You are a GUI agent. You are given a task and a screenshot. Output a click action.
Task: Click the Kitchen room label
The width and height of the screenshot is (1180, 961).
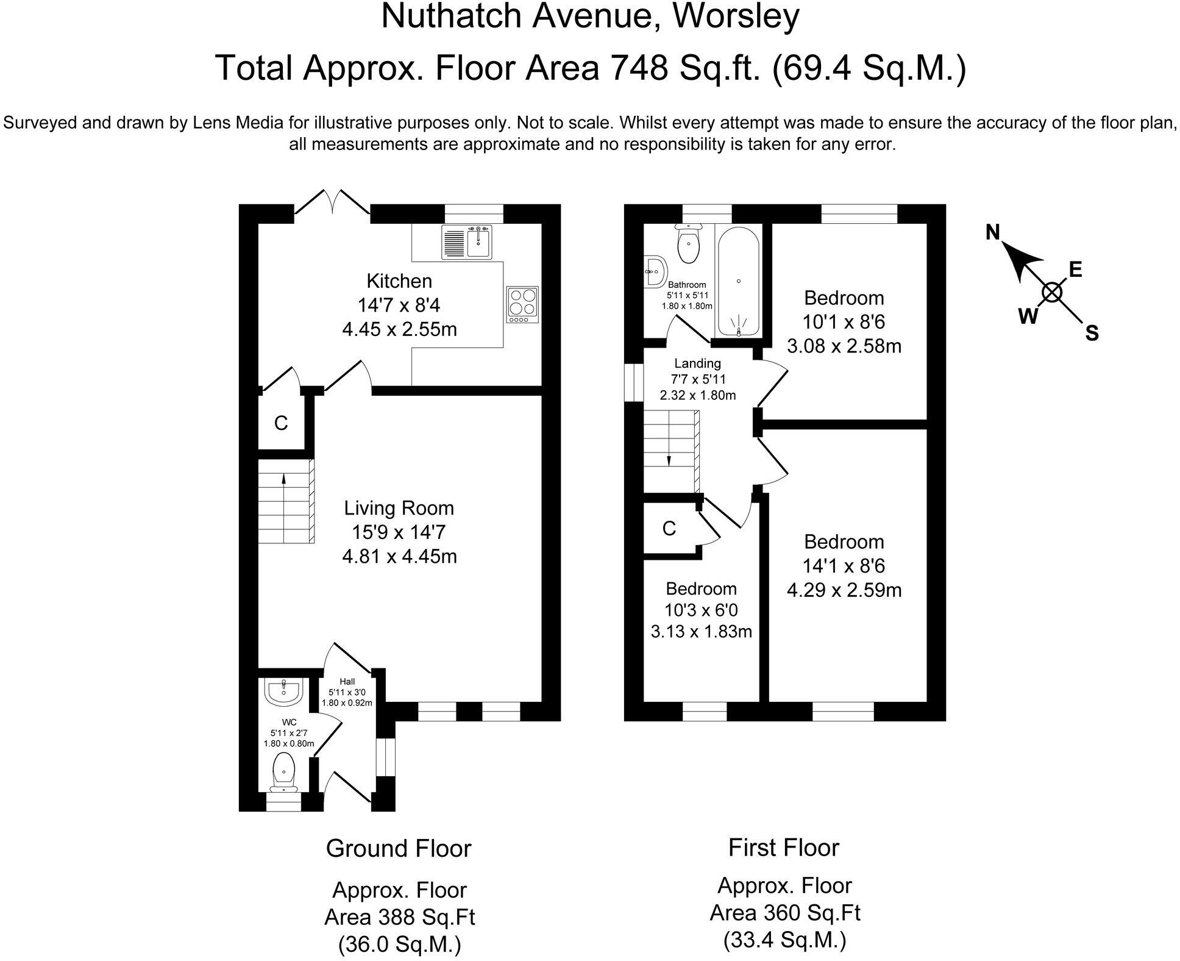click(x=399, y=281)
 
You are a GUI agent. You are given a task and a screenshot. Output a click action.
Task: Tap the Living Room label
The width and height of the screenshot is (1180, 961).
click(x=399, y=508)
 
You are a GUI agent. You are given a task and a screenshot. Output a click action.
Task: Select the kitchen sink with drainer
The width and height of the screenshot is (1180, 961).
click(x=466, y=242)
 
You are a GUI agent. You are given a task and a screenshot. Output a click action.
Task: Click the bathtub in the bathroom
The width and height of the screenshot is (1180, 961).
click(x=738, y=280)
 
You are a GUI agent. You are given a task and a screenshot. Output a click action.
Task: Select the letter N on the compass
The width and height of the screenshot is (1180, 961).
click(x=993, y=232)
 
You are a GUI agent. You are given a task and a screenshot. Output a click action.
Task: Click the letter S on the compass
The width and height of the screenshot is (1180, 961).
click(x=1092, y=334)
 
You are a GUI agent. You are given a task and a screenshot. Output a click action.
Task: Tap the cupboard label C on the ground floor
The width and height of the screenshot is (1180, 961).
click(x=281, y=423)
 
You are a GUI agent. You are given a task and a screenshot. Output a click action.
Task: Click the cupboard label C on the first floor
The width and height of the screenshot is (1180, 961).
click(x=669, y=529)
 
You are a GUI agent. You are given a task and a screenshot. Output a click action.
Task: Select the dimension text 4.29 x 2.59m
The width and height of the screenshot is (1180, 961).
click(x=844, y=590)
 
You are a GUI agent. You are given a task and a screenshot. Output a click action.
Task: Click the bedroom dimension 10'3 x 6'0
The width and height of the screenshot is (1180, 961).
click(x=701, y=610)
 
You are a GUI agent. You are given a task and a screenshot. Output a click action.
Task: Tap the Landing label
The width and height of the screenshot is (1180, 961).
click(x=697, y=363)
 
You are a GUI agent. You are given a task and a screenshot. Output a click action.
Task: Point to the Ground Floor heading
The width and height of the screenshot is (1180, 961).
click(x=399, y=848)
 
